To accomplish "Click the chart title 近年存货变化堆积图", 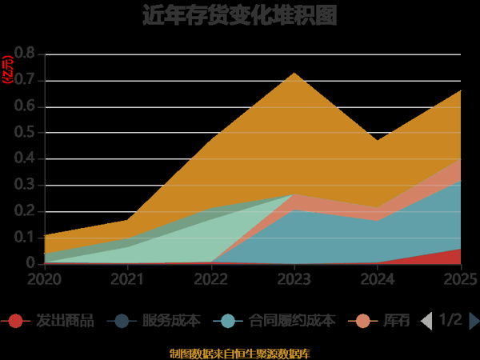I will (239, 15).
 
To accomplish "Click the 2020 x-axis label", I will (44, 279).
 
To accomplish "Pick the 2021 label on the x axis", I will (127, 279).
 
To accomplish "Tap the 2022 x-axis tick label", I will (211, 279).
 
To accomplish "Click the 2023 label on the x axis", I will (294, 279).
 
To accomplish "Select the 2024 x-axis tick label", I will (378, 279).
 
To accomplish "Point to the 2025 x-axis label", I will (459, 279).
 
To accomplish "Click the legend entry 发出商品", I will (65, 321).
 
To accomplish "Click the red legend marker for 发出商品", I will (15, 321).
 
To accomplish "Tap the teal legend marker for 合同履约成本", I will (228, 321).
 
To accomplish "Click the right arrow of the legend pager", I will (474, 321).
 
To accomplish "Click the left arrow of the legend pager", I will (426, 321).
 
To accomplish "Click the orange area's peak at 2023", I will (294, 74).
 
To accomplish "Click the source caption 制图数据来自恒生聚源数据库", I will (239, 353).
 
